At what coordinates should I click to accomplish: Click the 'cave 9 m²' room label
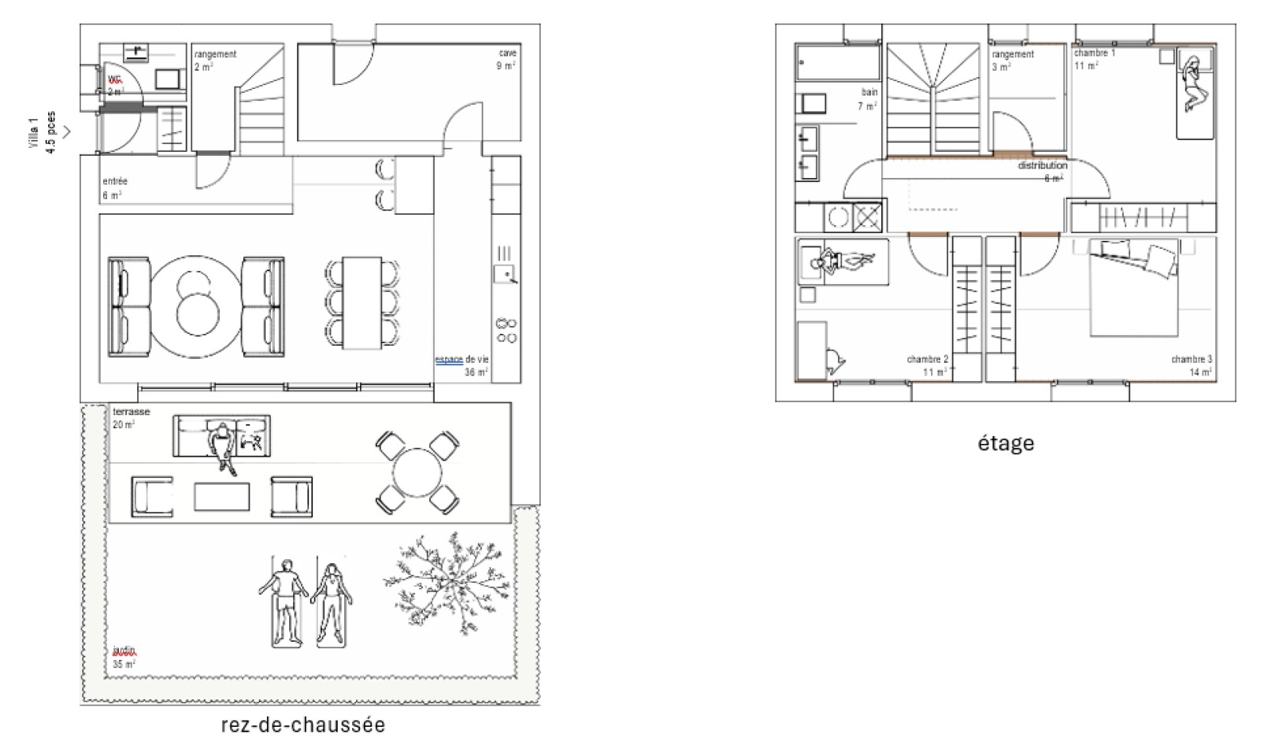click(506, 59)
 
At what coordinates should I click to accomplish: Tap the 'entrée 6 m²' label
click(114, 188)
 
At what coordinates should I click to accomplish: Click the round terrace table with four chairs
click(418, 472)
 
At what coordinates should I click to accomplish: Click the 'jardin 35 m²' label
click(124, 657)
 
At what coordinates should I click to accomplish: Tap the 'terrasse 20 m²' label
click(130, 418)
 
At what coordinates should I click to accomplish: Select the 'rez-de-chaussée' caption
click(303, 725)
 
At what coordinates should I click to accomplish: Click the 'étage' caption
click(1006, 443)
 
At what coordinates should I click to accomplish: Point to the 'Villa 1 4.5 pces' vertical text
click(42, 132)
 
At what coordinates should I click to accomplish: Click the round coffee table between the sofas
click(196, 306)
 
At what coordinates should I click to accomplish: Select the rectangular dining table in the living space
click(362, 302)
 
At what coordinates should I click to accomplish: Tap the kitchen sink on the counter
click(504, 274)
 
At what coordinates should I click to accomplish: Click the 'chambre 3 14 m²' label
click(1192, 365)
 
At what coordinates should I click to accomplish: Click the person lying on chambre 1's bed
click(1192, 84)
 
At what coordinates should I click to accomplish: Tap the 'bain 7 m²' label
click(867, 98)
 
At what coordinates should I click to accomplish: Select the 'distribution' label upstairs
click(1042, 166)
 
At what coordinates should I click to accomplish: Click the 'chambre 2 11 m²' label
click(928, 365)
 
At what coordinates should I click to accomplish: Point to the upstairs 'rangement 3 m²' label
click(1012, 60)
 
